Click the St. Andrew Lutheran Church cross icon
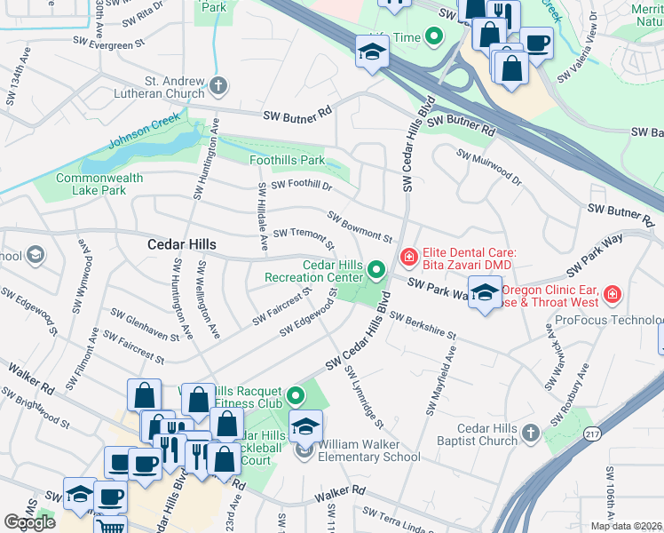218,86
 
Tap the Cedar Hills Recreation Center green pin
376,268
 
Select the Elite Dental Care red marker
409,259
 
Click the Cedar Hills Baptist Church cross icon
529,434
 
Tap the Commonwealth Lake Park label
98,184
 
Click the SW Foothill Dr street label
301,185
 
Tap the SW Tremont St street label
303,237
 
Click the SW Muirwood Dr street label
489,166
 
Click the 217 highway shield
593,434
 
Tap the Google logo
30,522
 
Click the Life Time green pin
434,36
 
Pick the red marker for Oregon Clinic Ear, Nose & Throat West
612,294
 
